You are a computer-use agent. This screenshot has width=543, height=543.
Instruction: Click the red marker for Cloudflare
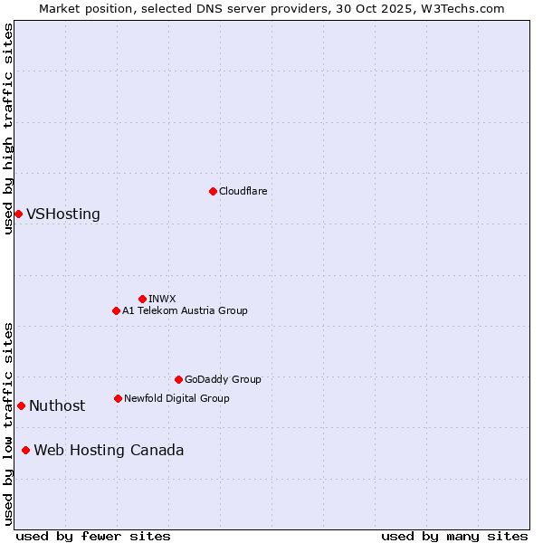213,191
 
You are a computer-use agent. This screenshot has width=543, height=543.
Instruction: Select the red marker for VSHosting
18,214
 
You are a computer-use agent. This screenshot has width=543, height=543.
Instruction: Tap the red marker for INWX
142,299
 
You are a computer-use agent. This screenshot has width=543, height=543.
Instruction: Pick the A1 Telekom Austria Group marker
116,310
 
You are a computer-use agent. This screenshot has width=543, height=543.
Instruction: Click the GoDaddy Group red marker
178,379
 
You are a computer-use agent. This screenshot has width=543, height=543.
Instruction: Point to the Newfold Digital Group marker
118,398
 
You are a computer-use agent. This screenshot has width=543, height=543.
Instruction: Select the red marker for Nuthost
21,405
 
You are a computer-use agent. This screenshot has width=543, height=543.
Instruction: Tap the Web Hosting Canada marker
25,450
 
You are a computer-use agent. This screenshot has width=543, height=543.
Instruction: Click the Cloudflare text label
243,191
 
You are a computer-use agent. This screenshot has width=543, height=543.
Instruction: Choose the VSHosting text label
63,214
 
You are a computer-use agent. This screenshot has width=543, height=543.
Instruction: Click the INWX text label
162,299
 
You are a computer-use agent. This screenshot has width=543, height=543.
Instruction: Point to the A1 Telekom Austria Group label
185,310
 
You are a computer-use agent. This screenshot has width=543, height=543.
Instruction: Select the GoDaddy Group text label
223,379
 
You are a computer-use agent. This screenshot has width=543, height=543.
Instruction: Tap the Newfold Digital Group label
176,398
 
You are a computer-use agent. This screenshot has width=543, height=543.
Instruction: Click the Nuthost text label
57,406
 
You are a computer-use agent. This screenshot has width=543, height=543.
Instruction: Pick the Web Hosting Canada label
109,451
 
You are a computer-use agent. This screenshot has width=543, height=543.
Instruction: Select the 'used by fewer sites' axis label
93,536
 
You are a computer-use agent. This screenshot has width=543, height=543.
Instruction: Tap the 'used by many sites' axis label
454,536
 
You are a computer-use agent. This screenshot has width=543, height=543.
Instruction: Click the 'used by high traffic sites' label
9,129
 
